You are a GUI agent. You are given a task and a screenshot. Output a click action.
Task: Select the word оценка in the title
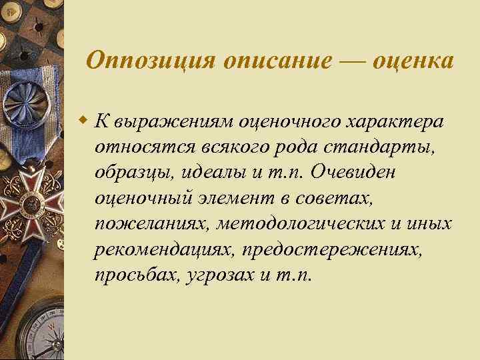(x=413, y=61)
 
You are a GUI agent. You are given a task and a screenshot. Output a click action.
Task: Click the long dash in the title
(x=352, y=61)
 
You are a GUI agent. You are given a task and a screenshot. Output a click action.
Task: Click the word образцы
(x=133, y=172)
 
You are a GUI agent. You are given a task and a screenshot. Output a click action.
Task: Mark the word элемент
(x=242, y=197)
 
